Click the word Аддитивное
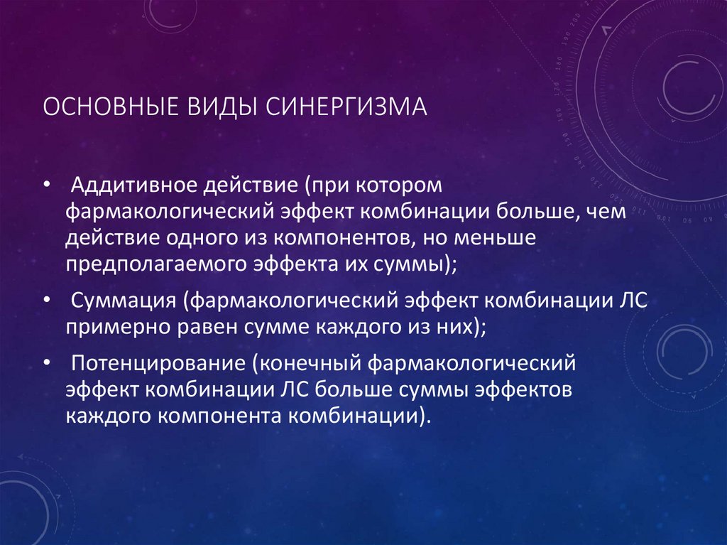[134, 186]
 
